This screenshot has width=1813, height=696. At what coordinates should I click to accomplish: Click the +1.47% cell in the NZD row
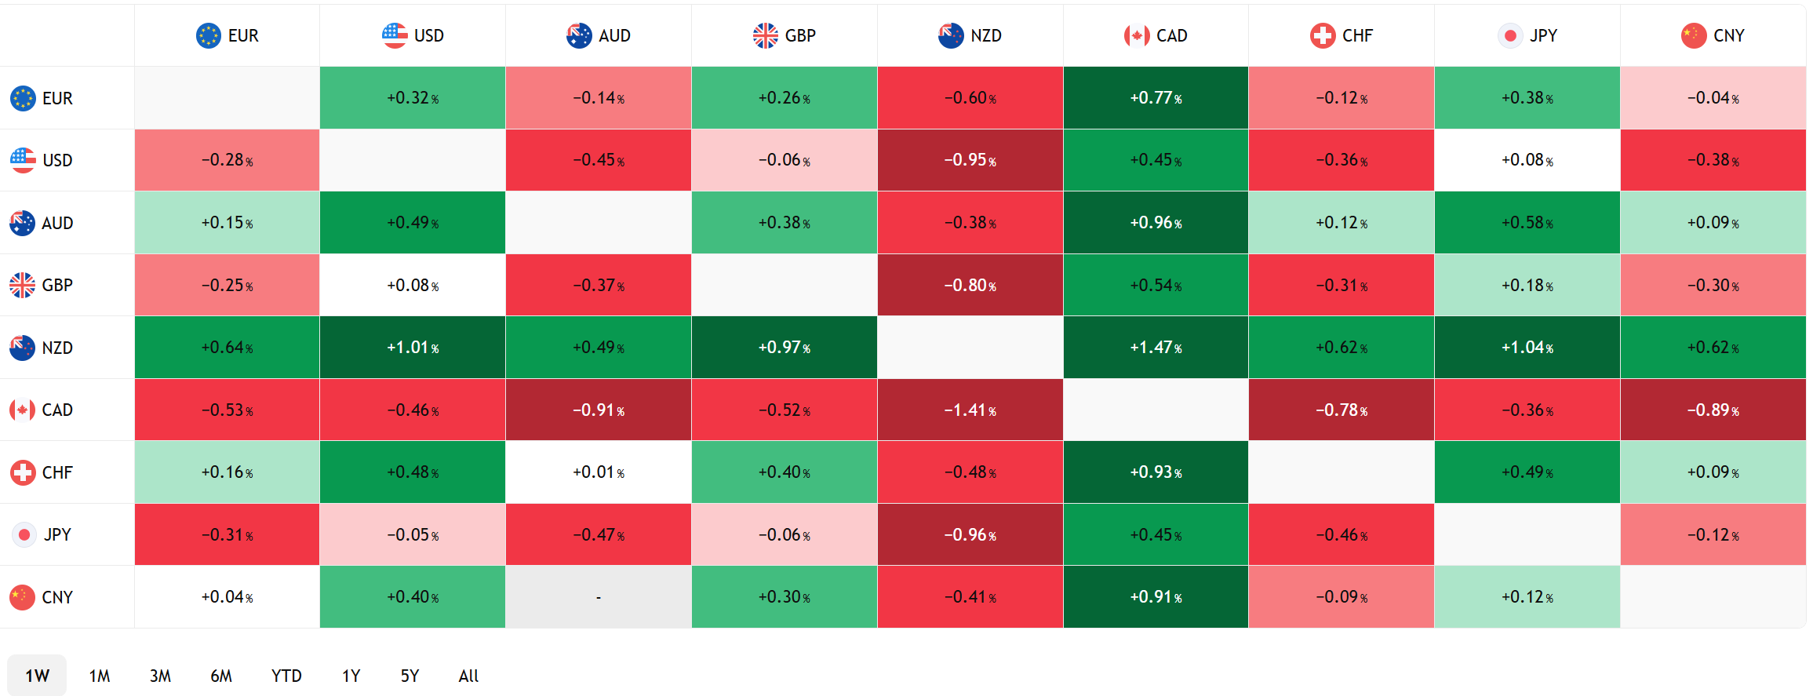click(1156, 348)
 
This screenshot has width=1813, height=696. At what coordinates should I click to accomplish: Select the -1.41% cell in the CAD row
click(970, 410)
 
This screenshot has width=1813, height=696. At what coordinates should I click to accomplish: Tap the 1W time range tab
click(37, 676)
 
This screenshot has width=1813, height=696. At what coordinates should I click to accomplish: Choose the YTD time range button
click(286, 676)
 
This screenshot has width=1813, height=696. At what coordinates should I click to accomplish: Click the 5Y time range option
click(410, 676)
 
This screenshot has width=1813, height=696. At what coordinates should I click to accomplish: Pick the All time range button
click(468, 676)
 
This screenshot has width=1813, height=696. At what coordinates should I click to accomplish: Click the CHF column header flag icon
click(1323, 35)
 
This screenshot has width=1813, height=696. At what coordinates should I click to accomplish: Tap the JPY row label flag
click(24, 535)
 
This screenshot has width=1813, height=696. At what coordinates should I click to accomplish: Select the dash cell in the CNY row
click(599, 597)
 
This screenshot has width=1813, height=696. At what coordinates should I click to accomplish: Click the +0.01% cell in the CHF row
click(599, 472)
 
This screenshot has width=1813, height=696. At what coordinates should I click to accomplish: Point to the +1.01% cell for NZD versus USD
click(413, 348)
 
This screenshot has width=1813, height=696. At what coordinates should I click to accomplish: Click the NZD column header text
click(986, 35)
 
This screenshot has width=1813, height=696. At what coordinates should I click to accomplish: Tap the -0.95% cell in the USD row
click(970, 160)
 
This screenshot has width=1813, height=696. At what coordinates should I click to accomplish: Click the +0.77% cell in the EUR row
click(1156, 98)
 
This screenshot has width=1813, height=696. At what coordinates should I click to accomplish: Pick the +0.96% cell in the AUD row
click(1156, 223)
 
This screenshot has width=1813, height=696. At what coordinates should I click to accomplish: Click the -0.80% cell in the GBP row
click(970, 285)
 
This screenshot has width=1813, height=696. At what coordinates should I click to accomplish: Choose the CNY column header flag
click(1694, 35)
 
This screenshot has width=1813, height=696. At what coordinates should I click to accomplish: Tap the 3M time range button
click(160, 676)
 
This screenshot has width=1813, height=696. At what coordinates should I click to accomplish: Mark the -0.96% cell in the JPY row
click(970, 535)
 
